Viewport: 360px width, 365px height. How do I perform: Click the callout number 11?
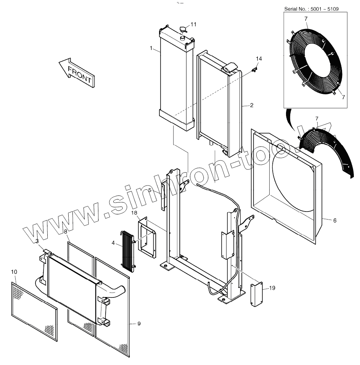[x=193, y=24]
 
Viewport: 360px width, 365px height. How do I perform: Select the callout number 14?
[x=259, y=59]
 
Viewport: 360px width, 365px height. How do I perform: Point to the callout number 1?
[x=151, y=48]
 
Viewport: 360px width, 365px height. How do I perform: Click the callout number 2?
[x=252, y=106]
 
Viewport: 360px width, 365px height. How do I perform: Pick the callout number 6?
[x=334, y=221]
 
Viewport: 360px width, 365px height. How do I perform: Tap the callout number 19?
[x=272, y=288]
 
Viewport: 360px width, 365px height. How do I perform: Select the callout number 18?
[x=134, y=213]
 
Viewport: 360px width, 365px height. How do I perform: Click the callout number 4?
[x=113, y=243]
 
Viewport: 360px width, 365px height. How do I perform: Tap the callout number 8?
[x=65, y=232]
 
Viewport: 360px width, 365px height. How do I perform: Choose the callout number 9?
[x=139, y=324]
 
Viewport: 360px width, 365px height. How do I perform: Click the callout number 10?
[x=14, y=272]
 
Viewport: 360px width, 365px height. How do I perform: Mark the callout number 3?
[x=37, y=241]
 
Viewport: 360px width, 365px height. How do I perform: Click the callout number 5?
[x=150, y=190]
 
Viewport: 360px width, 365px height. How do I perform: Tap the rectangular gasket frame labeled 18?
[x=148, y=237]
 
